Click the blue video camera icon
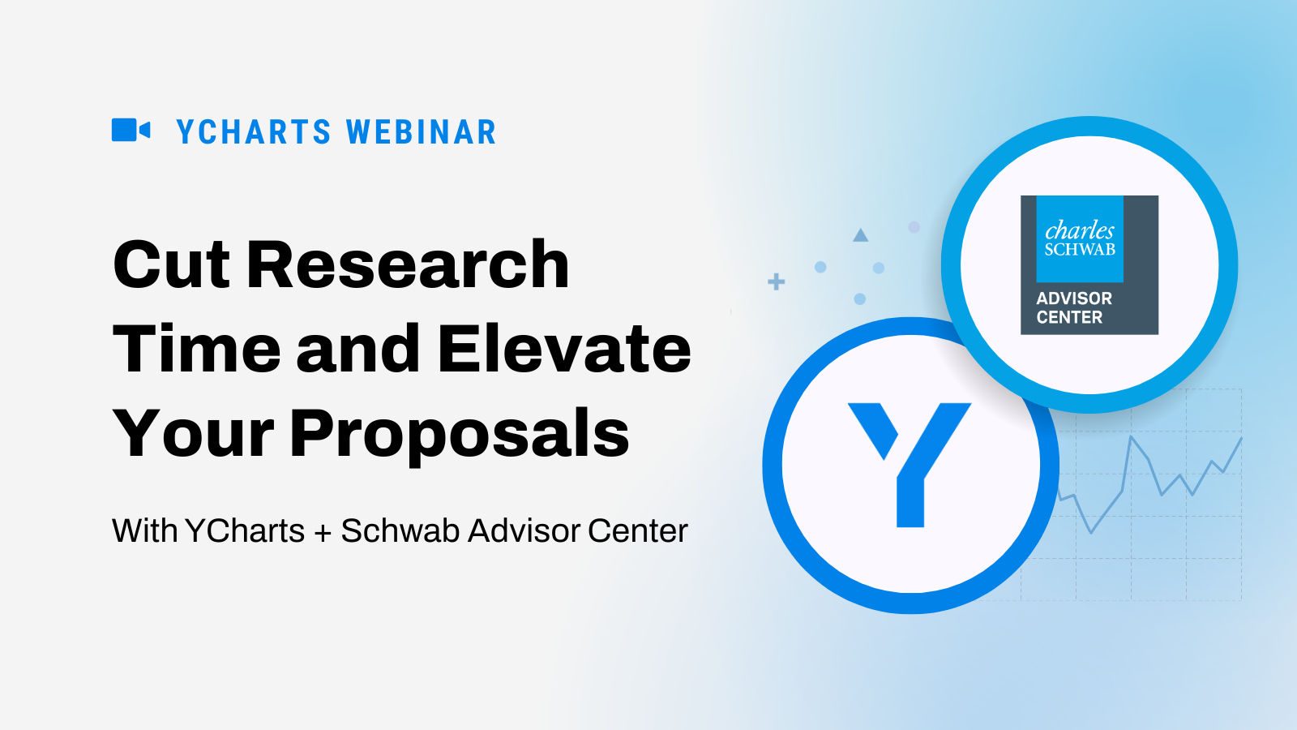131,130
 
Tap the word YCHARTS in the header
254,132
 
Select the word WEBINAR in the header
421,132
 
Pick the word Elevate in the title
564,349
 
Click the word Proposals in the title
459,436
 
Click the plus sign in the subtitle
323,532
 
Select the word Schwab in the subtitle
400,530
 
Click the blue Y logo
910,465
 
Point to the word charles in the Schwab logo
1079,230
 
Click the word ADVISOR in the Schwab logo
1074,298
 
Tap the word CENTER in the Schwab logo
1069,317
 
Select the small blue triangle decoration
860,235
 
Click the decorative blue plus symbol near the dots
777,281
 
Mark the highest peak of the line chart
1131,436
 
